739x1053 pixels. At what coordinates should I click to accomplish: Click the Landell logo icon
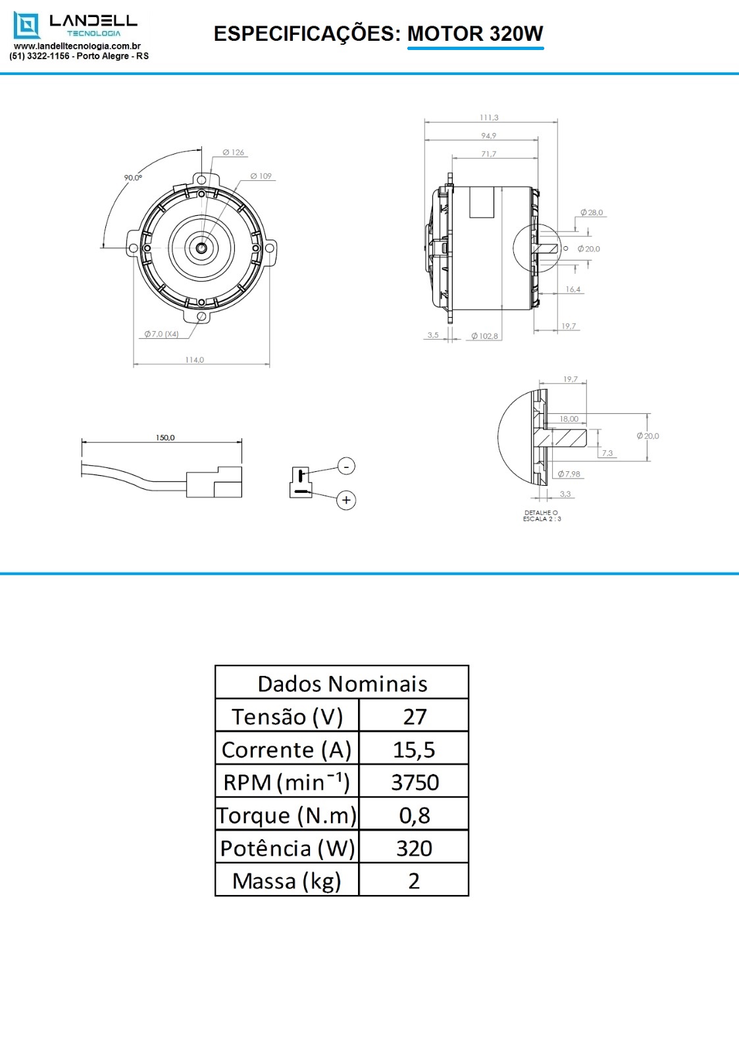pyautogui.click(x=26, y=26)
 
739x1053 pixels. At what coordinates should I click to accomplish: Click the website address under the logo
pyautogui.click(x=77, y=46)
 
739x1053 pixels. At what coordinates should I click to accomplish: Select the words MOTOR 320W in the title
pyautogui.click(x=475, y=34)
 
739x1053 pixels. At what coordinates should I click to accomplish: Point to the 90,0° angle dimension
pyautogui.click(x=133, y=178)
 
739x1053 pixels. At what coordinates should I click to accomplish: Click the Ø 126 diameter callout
pyautogui.click(x=233, y=152)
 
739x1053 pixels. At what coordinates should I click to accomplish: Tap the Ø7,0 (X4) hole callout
pyautogui.click(x=162, y=334)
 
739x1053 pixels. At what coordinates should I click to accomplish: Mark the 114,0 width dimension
pyautogui.click(x=194, y=360)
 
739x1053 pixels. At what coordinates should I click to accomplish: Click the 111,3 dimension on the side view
pyautogui.click(x=489, y=118)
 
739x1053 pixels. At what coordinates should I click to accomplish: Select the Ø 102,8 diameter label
pyautogui.click(x=485, y=336)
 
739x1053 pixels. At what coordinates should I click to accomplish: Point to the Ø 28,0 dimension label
pyautogui.click(x=592, y=213)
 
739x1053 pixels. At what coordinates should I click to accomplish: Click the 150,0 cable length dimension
pyautogui.click(x=165, y=438)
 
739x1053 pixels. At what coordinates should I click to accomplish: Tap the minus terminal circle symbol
pyautogui.click(x=346, y=466)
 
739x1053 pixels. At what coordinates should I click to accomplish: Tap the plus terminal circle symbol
pyautogui.click(x=346, y=500)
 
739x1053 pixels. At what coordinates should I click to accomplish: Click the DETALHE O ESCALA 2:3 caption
pyautogui.click(x=542, y=516)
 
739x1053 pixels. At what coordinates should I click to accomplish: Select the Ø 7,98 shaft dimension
pyautogui.click(x=569, y=474)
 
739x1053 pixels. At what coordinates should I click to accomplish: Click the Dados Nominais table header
pyautogui.click(x=342, y=683)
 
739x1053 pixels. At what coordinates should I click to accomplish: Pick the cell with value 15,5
pyautogui.click(x=413, y=750)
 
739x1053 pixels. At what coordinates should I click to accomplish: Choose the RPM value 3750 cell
pyautogui.click(x=414, y=783)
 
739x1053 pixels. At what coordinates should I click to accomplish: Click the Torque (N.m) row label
pyautogui.click(x=287, y=815)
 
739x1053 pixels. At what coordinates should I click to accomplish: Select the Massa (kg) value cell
pyautogui.click(x=413, y=881)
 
